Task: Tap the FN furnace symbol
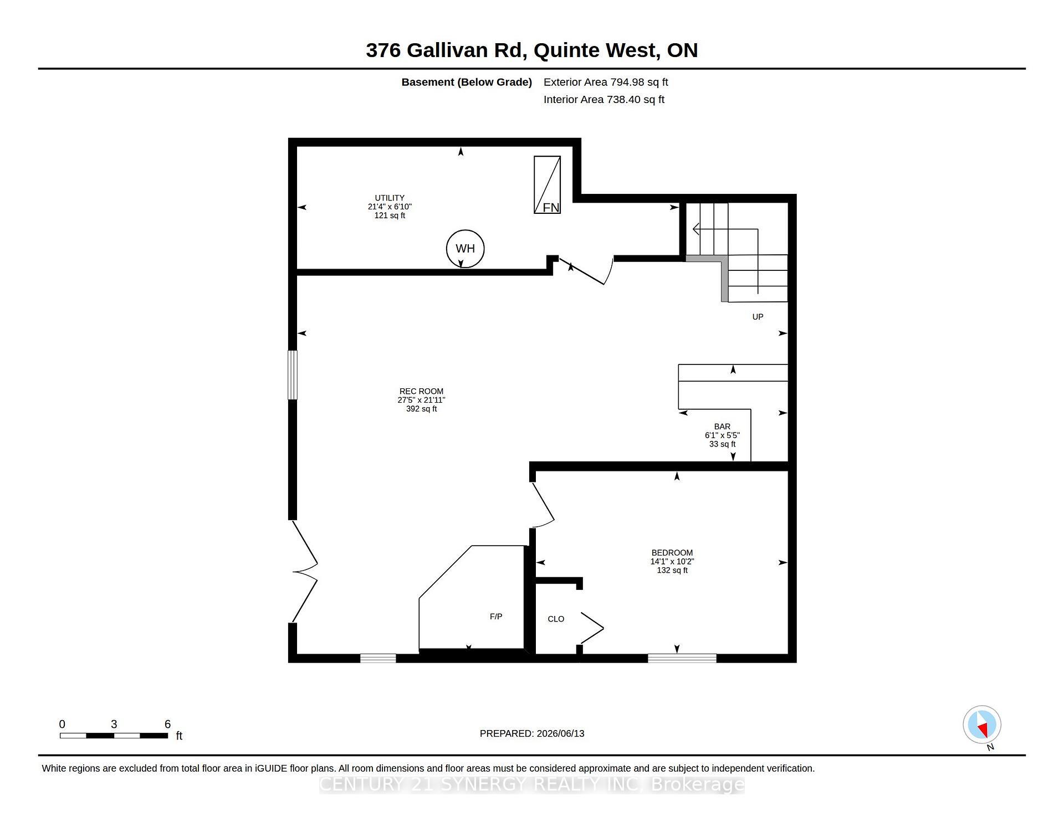click(547, 184)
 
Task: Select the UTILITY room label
click(390, 198)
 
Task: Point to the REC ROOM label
click(421, 391)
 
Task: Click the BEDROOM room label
click(672, 552)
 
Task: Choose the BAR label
click(722, 427)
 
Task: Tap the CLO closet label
click(556, 619)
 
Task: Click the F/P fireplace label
click(496, 617)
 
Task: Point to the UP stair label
click(758, 317)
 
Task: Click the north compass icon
click(982, 725)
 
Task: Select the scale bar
click(114, 736)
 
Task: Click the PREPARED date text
click(532, 733)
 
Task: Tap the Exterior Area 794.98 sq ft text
click(606, 82)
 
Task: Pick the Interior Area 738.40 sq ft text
click(604, 100)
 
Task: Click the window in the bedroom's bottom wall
click(682, 658)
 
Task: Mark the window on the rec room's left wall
click(293, 374)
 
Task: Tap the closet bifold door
click(592, 628)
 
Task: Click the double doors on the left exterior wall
click(305, 572)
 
